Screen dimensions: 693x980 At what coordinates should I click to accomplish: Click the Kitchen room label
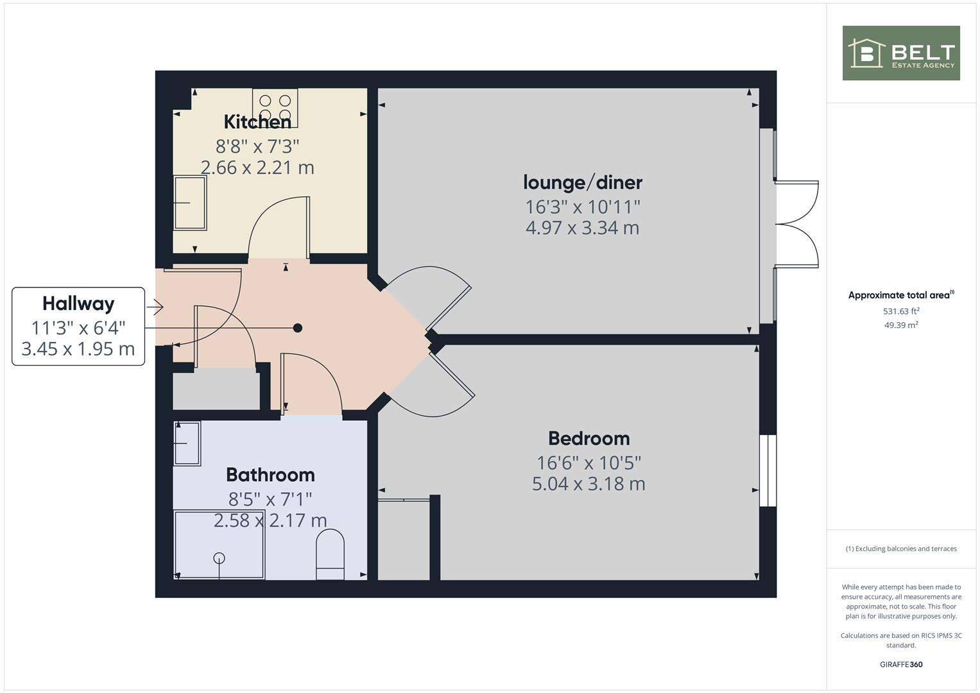(x=257, y=121)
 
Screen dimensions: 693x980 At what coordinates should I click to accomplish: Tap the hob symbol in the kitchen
(x=275, y=107)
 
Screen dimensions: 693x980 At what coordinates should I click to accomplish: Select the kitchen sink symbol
(x=190, y=203)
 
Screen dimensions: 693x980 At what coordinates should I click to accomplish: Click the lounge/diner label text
(x=582, y=182)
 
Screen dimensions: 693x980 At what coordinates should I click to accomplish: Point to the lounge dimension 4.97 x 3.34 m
(x=582, y=228)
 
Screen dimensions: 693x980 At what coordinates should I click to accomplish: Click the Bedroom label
(x=589, y=438)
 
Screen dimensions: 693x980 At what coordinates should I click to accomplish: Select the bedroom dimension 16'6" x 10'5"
(x=589, y=462)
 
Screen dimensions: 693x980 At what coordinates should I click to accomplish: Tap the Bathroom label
(x=270, y=475)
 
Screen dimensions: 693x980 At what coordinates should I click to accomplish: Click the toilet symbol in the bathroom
(x=330, y=554)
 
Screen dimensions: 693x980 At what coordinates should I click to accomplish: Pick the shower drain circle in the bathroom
(x=219, y=558)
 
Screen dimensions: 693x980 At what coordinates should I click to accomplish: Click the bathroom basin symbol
(x=187, y=443)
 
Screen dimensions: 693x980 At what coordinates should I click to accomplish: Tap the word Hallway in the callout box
(x=78, y=304)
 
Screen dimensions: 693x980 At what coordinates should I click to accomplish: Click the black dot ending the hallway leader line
(x=298, y=328)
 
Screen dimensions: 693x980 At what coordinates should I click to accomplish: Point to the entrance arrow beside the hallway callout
(x=155, y=307)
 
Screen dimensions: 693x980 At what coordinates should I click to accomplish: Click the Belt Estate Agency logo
(x=901, y=53)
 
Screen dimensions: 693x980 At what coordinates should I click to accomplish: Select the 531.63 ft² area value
(x=901, y=311)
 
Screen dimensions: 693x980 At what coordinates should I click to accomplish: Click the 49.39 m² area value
(x=901, y=325)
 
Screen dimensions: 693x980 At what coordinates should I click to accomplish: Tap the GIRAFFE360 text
(x=901, y=664)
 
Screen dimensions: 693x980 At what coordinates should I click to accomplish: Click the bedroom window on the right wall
(x=768, y=471)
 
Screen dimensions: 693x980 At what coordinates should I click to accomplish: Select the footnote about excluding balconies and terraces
(x=901, y=549)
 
